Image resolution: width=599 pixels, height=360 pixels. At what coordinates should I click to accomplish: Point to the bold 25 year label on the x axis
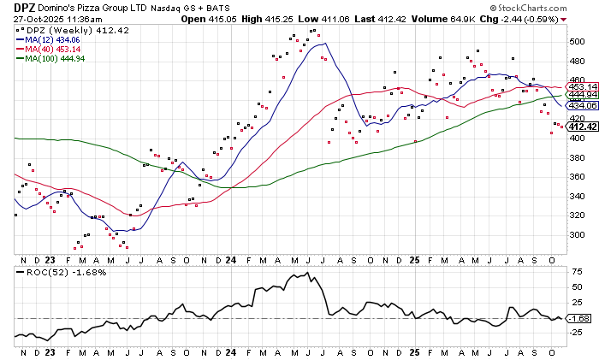[x=413, y=257]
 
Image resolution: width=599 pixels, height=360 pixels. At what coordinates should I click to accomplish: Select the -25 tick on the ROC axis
[x=576, y=333]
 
